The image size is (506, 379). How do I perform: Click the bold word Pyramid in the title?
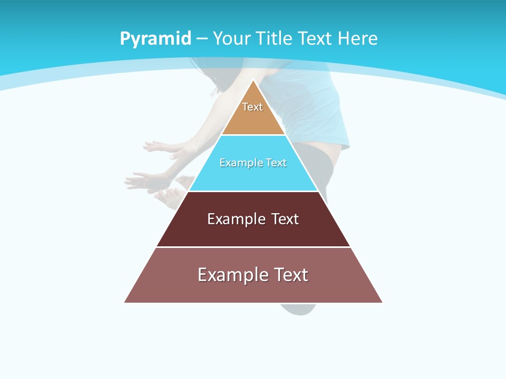[155, 39]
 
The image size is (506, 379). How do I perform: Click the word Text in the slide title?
[315, 38]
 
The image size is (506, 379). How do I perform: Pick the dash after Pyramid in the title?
[202, 39]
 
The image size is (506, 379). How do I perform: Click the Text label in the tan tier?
[252, 107]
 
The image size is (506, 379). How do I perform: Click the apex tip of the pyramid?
[254, 81]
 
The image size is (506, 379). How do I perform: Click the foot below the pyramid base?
[297, 309]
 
